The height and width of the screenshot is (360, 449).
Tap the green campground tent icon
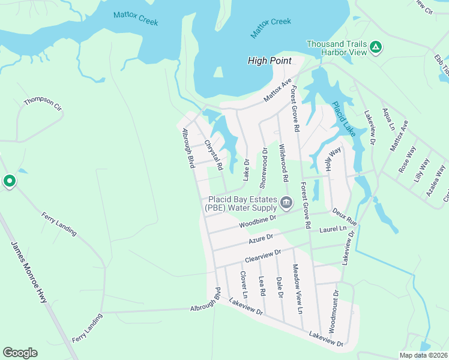[375, 46]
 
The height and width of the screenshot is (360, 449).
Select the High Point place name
[270, 61]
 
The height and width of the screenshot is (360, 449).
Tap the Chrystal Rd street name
[214, 154]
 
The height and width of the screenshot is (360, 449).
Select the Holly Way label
[333, 160]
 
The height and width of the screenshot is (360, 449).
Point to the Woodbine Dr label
[256, 222]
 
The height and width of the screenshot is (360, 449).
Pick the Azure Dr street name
[261, 239]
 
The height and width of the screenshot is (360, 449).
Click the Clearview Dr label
[262, 256]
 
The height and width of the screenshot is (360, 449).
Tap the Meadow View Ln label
[297, 290]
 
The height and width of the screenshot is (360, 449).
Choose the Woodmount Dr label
[334, 312]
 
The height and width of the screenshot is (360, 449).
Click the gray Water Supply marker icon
[286, 203]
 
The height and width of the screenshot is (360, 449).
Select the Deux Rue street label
[345, 217]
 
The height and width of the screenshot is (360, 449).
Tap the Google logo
[20, 353]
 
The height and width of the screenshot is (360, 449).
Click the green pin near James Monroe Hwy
[9, 181]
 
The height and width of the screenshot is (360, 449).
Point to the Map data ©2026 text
[424, 355]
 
